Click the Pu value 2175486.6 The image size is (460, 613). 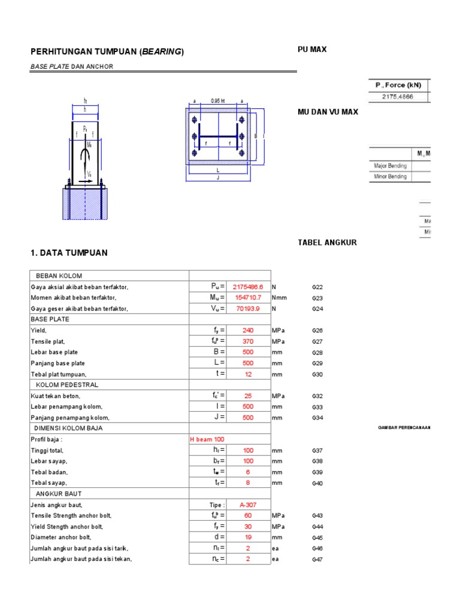248,287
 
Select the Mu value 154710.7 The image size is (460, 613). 248,298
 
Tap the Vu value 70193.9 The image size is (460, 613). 248,308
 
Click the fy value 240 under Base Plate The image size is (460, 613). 248,330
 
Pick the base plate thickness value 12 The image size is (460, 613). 248,374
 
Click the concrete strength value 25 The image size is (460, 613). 248,396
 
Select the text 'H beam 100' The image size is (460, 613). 207,439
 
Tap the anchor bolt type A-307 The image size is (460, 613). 248,505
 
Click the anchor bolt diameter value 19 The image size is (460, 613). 248,537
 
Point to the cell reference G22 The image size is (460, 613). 317,287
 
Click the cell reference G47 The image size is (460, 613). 317,559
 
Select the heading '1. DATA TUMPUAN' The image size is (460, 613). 69,253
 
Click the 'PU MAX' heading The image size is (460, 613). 312,50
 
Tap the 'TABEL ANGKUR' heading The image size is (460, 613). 327,242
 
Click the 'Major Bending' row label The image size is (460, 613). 390,166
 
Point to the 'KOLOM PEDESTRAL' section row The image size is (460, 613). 67,384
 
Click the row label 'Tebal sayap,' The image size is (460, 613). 49,483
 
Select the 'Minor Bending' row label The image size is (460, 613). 390,177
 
